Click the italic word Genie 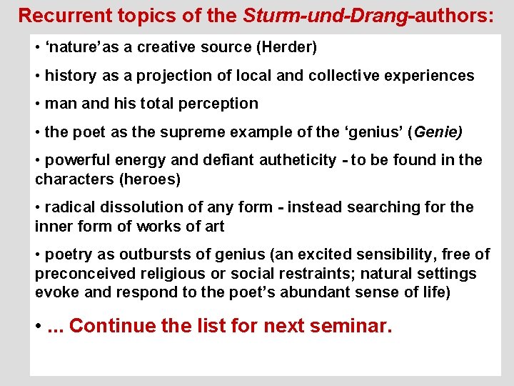[436, 132]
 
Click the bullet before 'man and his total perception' [38, 104]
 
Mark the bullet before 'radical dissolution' [38, 207]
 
